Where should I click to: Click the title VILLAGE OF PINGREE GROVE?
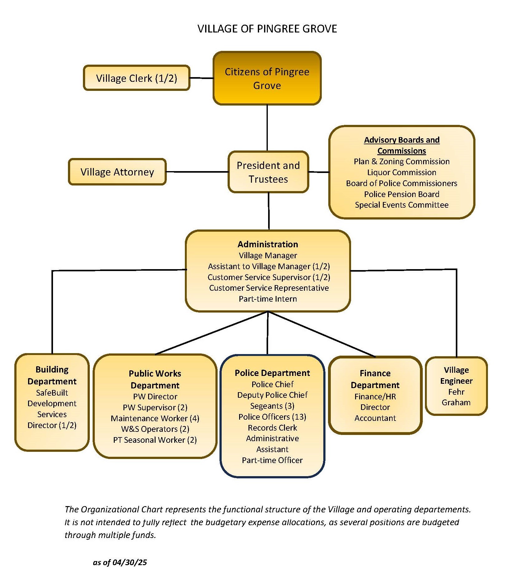pos(267,29)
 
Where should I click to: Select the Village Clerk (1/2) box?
pos(137,78)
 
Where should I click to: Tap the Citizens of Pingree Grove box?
pos(267,78)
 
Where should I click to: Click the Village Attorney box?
pos(117,172)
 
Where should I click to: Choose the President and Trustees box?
pos(268,172)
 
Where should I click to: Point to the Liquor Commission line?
pos(402,172)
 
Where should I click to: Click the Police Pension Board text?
pos(402,194)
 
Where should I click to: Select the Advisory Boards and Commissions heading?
pos(402,145)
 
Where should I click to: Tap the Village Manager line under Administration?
pos(268,255)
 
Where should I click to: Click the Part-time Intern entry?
pos(268,299)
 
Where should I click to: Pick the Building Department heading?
pos(52,375)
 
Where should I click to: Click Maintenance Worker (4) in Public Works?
pos(155,418)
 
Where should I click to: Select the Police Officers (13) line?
pos(272,417)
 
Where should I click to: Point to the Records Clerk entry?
pos(272,428)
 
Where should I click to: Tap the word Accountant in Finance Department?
pos(375,418)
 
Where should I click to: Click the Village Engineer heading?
pos(456,375)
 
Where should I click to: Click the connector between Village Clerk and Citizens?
pos(201,78)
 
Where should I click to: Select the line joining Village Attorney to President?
pos(197,172)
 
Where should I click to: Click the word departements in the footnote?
pos(444,509)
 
